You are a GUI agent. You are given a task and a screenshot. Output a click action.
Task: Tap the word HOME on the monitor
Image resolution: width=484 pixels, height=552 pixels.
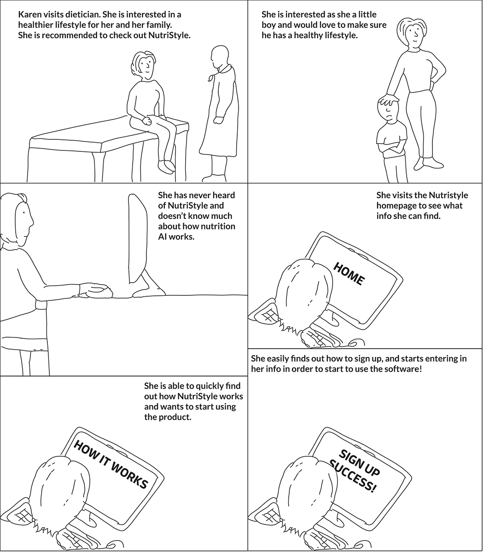point(349,274)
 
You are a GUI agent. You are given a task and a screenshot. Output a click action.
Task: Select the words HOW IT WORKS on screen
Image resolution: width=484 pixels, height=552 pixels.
point(111,464)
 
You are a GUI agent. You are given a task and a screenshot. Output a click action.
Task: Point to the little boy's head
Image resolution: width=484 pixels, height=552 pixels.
point(388,110)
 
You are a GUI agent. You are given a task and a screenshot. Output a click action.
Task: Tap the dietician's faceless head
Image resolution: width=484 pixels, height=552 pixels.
point(220,57)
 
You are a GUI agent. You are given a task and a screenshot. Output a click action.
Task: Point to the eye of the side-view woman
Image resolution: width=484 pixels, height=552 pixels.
point(24,213)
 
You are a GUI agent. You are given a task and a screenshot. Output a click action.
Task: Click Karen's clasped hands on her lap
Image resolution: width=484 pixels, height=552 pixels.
point(147,121)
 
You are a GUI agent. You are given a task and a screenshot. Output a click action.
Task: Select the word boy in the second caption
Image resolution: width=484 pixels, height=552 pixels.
point(269,25)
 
